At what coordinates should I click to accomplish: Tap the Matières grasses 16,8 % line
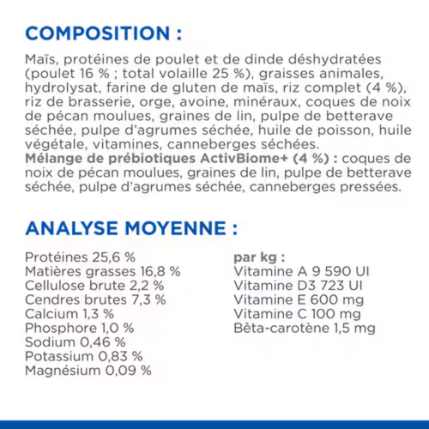click(x=102, y=271)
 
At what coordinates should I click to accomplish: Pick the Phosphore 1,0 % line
click(x=79, y=328)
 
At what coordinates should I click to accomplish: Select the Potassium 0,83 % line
click(x=83, y=356)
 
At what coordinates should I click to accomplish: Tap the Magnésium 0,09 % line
click(x=88, y=371)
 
